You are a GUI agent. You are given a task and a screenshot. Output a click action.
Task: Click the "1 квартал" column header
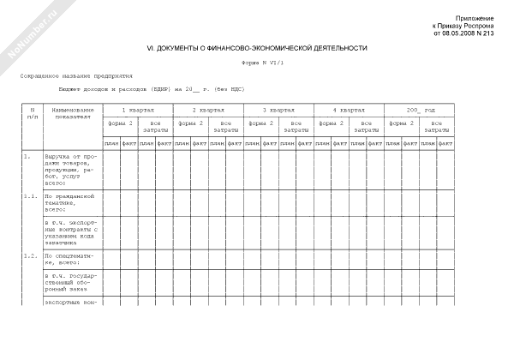coord(138,111)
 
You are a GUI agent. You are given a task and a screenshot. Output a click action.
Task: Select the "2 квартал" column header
coord(208,111)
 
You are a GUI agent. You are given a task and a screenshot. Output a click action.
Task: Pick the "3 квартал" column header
coord(278,111)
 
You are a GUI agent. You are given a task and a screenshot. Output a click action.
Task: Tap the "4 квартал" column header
coord(349,111)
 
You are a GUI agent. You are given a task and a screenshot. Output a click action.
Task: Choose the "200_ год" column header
coord(419,111)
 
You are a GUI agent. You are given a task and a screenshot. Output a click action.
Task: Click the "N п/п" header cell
coord(31,114)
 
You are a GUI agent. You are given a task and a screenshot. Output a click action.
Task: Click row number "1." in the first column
coord(27,156)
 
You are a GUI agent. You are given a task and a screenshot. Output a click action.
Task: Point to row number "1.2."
coord(30,255)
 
